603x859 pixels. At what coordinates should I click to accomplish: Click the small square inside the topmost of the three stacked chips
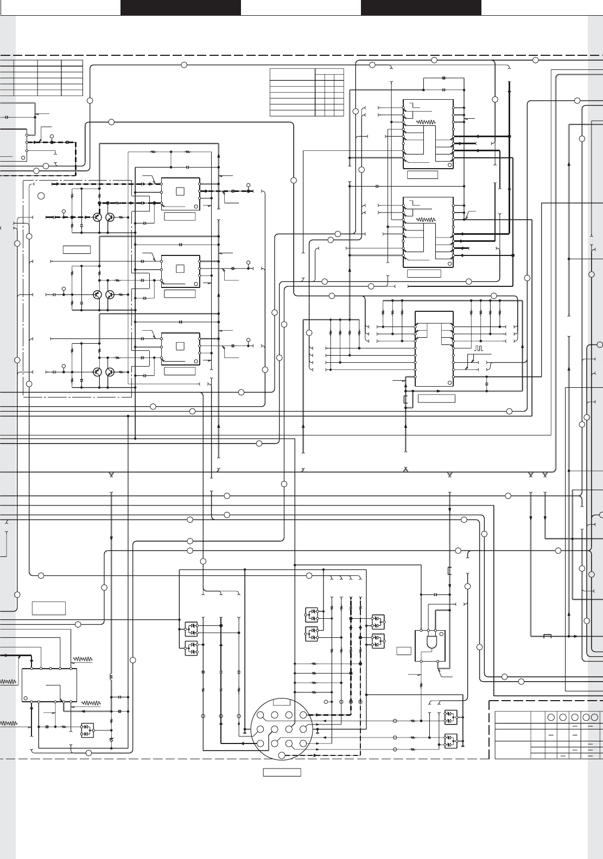[180, 191]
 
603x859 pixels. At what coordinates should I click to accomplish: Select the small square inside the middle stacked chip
[180, 268]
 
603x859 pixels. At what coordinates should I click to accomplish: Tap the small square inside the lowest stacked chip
[180, 346]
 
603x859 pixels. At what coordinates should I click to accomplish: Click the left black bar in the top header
[180, 7]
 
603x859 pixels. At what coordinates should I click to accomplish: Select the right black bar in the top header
[421, 7]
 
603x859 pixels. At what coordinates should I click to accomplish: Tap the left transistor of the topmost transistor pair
[97, 217]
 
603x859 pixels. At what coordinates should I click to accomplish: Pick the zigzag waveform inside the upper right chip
[427, 122]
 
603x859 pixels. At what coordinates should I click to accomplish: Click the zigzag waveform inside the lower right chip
[427, 220]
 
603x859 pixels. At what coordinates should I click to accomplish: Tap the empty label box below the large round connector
[282, 772]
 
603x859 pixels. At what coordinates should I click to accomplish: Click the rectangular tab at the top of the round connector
[282, 702]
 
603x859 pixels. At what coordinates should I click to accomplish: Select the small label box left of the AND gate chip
[403, 651]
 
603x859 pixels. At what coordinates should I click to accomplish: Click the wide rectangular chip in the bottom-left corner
[49, 685]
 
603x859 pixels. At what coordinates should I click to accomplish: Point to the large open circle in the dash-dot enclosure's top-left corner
[40, 196]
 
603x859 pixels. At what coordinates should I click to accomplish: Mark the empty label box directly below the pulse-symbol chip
[436, 399]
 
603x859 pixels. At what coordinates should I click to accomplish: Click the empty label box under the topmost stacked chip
[179, 217]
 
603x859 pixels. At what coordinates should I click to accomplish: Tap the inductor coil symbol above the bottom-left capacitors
[111, 677]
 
